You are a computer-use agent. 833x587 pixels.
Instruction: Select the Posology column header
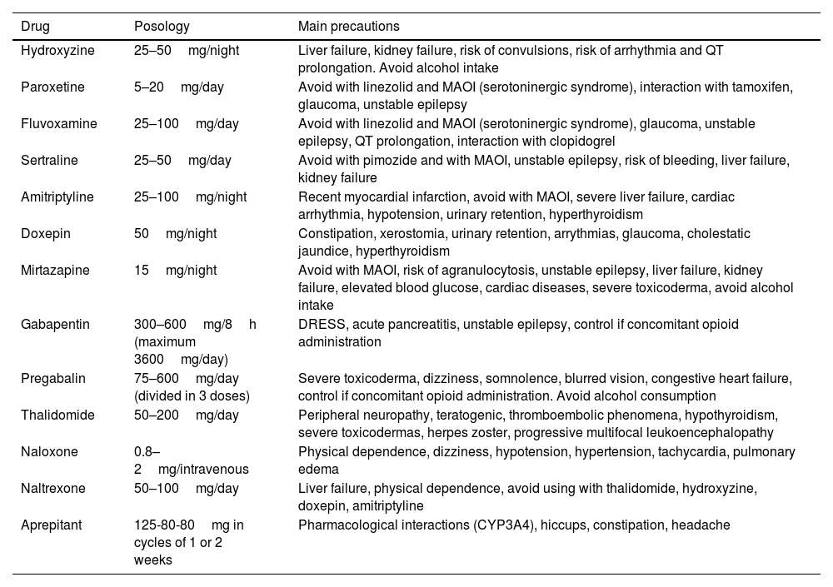tap(162, 26)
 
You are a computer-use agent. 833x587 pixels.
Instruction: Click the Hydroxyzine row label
tap(57, 51)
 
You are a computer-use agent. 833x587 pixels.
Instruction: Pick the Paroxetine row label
tap(52, 87)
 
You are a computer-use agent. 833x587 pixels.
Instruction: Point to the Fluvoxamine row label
tap(59, 124)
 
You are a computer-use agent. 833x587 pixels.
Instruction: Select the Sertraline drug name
tap(49, 161)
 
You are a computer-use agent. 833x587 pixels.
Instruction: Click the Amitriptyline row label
tap(57, 197)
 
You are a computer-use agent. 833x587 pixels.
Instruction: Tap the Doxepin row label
tap(44, 234)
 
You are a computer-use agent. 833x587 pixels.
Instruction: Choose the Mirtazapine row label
tap(55, 271)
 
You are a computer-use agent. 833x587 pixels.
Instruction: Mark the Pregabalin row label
tap(52, 378)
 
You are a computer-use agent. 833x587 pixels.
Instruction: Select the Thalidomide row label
tap(57, 415)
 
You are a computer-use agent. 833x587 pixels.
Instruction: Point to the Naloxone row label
tap(49, 451)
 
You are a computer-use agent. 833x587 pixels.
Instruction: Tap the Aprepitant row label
tap(52, 525)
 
